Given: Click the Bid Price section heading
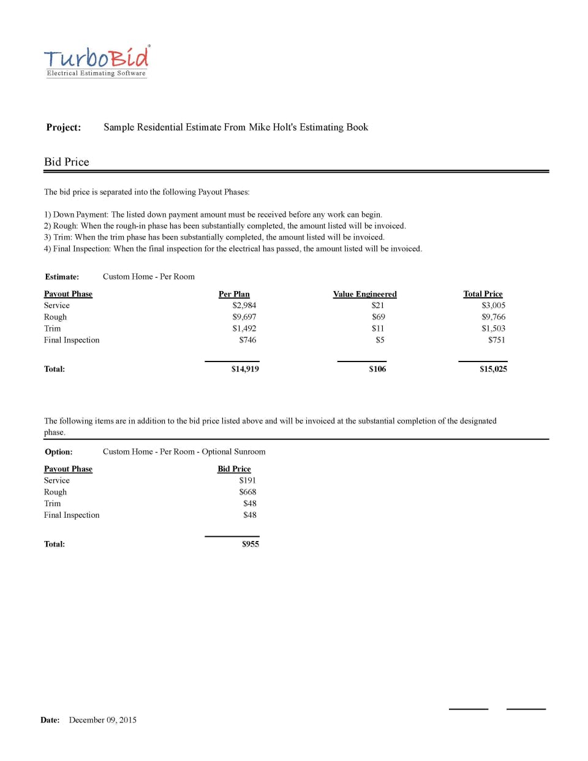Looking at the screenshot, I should pos(67,162).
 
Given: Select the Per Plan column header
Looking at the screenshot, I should pos(234,294).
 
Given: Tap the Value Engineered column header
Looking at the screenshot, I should pos(364,294).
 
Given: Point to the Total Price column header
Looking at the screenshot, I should pos(483,294).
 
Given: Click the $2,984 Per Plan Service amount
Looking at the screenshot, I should pos(244,305).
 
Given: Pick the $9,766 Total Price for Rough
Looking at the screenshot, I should pos(493,317).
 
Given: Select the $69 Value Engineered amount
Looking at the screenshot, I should pos(379,317).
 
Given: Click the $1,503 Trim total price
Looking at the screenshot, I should pos(493,328).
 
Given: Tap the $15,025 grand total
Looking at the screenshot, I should pos(493,369).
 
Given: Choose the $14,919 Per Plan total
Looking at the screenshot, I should pos(245,369).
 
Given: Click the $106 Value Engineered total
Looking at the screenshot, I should pos(377,369).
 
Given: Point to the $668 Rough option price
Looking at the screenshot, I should pos(247,492).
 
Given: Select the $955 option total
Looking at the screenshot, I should pos(250,544).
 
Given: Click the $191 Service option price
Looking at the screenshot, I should pos(247,480).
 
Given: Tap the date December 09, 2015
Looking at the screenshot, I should pos(102,720).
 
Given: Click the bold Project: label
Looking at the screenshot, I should pos(64,127).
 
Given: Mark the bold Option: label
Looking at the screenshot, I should pos(59,452).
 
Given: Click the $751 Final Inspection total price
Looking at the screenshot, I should pos(496,340).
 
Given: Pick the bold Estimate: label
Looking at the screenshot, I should pos(62,277).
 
